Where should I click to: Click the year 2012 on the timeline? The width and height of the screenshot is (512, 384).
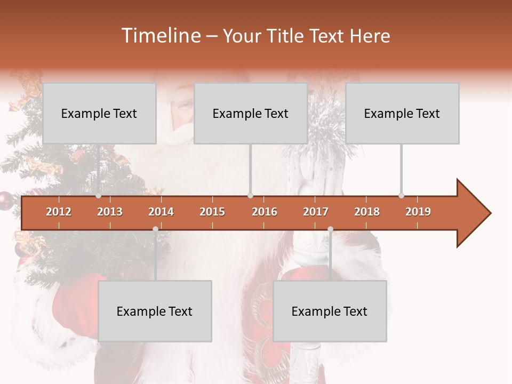tap(59, 212)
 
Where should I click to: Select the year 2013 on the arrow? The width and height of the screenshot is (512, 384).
tap(110, 212)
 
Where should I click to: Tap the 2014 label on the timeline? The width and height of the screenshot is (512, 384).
tap(161, 212)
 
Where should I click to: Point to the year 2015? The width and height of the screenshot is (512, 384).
tap(212, 212)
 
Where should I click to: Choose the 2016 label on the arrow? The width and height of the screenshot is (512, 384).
tap(265, 212)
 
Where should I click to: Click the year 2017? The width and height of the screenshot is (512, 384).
tap(316, 212)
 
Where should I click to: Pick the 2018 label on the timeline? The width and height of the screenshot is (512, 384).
tap(367, 212)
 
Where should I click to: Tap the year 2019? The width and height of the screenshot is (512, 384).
tap(418, 212)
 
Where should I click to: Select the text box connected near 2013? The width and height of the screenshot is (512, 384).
tap(99, 114)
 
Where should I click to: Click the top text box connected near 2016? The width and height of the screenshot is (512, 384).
tap(251, 114)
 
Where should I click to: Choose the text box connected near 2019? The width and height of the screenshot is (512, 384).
tap(402, 114)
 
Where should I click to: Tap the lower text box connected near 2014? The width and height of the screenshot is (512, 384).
tap(155, 311)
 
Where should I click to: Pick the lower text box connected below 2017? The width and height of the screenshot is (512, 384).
tap(330, 311)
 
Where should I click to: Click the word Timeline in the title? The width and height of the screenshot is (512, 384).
tap(159, 36)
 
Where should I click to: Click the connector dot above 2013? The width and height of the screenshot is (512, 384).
tap(98, 196)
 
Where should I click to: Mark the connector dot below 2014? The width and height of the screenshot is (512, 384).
tap(155, 229)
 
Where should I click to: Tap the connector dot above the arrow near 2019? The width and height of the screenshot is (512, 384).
tap(401, 196)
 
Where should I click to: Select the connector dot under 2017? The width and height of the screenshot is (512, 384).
tap(330, 229)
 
